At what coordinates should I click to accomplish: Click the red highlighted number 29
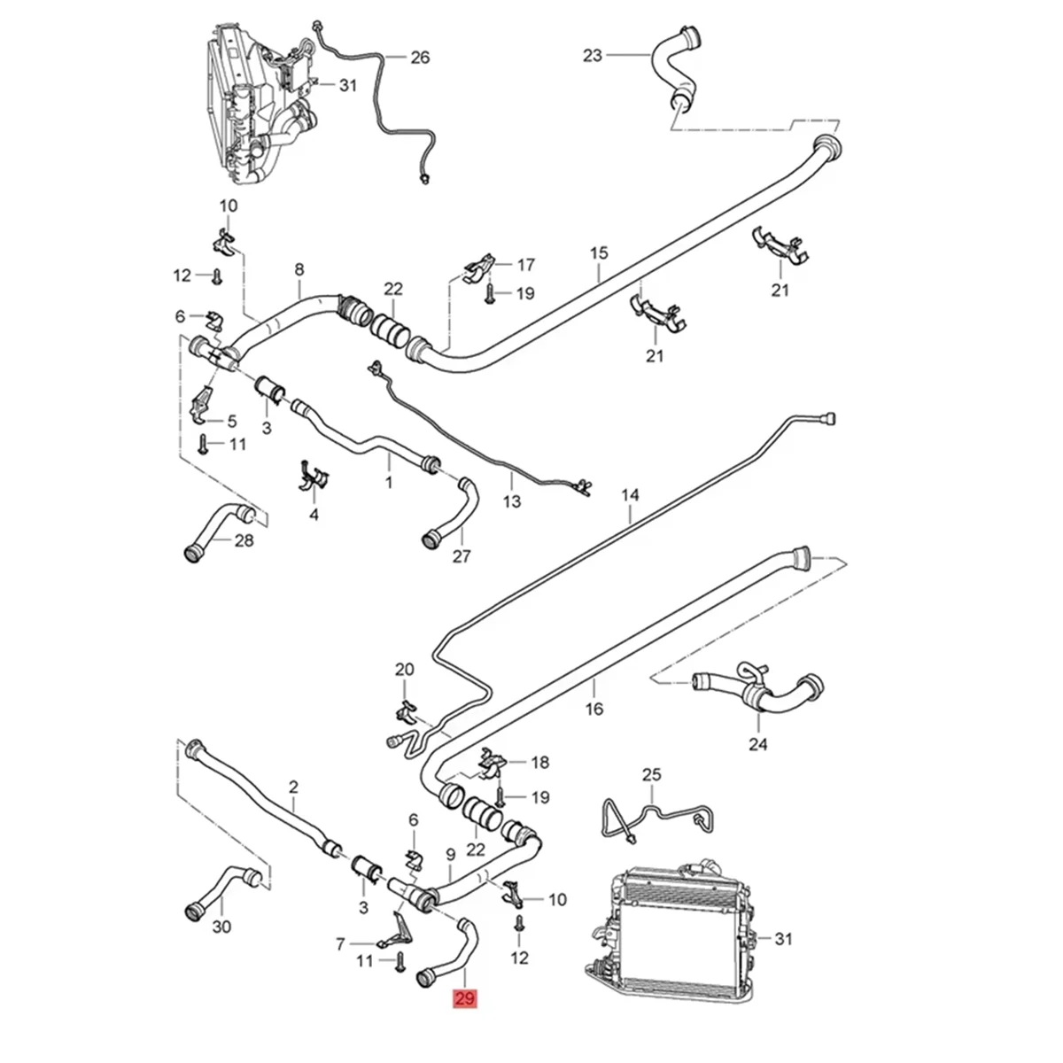click(465, 999)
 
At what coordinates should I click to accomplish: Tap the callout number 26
click(419, 58)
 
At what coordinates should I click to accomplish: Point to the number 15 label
click(599, 253)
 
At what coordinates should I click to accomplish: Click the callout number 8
click(299, 267)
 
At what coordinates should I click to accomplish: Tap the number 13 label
click(513, 501)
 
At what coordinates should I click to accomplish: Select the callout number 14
click(629, 494)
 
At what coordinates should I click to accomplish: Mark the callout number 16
click(594, 709)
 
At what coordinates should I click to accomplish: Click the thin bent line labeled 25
click(651, 808)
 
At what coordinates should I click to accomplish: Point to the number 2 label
click(294, 786)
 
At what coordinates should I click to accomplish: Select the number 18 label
click(539, 761)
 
